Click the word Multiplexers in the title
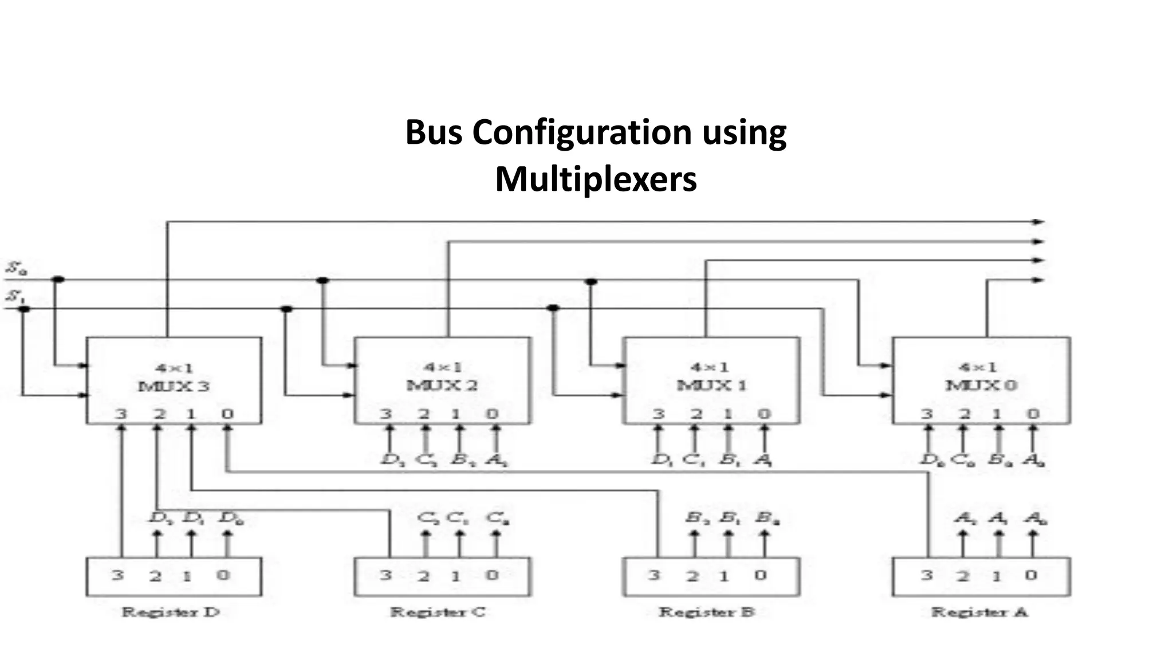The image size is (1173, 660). click(596, 179)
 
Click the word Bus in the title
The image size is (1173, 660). click(434, 133)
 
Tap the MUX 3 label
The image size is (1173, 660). click(174, 386)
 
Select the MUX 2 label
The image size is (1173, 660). click(442, 385)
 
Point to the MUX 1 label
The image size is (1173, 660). click(711, 385)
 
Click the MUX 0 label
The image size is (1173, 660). click(981, 385)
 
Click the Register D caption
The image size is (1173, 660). click(171, 612)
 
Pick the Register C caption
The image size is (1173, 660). click(438, 612)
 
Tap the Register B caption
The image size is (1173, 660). click(706, 612)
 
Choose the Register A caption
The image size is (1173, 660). click(979, 612)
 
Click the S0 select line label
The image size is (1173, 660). click(16, 268)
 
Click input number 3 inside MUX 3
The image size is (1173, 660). click(121, 414)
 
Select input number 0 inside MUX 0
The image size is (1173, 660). click(1033, 414)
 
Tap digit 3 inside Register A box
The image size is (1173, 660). click(926, 575)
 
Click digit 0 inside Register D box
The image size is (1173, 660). click(223, 575)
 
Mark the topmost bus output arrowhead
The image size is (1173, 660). click(1038, 222)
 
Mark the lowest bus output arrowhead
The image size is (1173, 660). click(1038, 280)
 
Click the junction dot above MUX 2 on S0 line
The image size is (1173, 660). click(322, 280)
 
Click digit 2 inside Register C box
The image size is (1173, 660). click(423, 576)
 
